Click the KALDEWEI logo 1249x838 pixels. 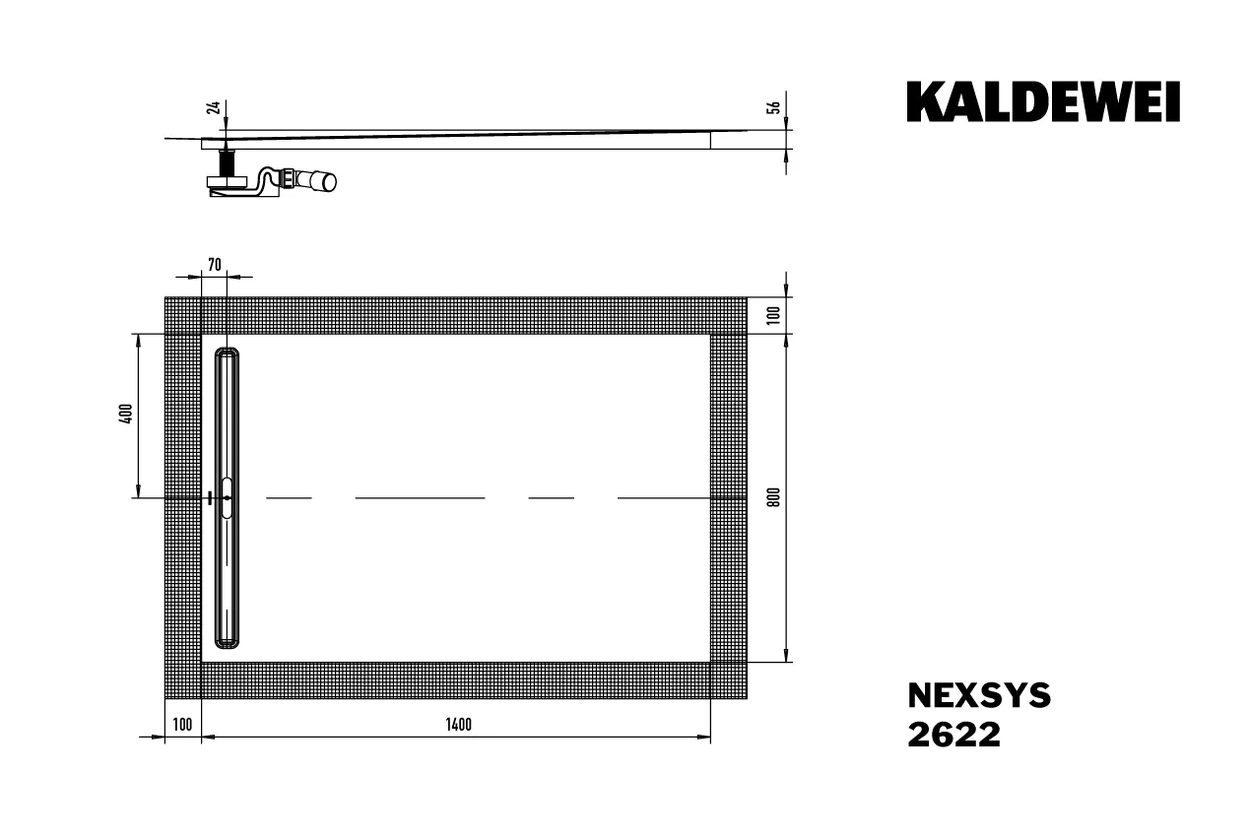pyautogui.click(x=1043, y=102)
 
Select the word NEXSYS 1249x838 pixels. pyautogui.click(x=978, y=696)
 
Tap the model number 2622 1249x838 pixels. pyautogui.click(x=953, y=735)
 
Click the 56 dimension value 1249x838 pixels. pyautogui.click(x=774, y=108)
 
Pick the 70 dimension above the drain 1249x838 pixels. pyautogui.click(x=215, y=264)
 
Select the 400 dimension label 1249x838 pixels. pyautogui.click(x=125, y=415)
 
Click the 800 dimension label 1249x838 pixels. pyautogui.click(x=774, y=497)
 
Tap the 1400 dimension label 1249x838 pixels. pyautogui.click(x=458, y=726)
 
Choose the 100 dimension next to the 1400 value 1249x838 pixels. pyautogui.click(x=182, y=726)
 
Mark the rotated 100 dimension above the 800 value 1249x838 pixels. pyautogui.click(x=774, y=315)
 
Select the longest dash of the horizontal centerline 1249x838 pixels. pyautogui.click(x=420, y=498)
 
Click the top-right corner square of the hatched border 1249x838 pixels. pyautogui.click(x=728, y=315)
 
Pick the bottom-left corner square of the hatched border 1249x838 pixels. pyautogui.click(x=182, y=680)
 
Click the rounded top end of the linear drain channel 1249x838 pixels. pyautogui.click(x=227, y=352)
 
